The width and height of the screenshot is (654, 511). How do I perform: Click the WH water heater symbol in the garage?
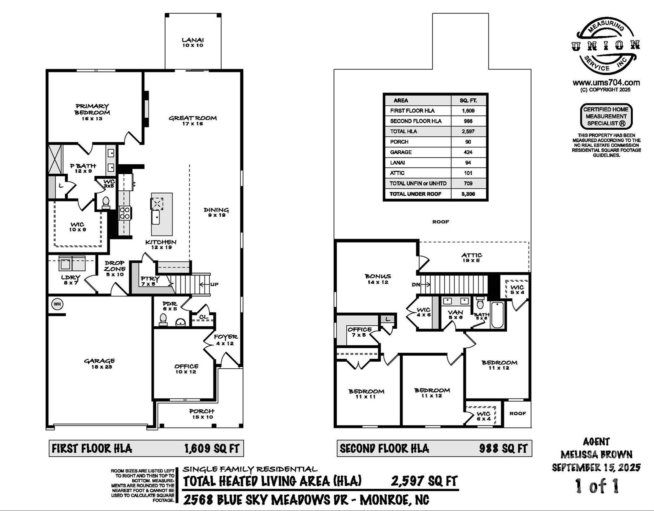click(57, 304)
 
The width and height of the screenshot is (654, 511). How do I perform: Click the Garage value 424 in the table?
click(468, 152)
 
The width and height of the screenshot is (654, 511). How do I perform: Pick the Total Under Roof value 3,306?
click(468, 194)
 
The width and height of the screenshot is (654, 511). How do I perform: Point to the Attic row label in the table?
click(397, 173)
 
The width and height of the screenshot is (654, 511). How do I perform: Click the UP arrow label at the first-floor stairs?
click(214, 284)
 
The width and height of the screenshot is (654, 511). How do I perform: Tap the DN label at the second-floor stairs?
click(416, 285)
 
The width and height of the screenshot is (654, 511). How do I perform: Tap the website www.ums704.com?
click(606, 83)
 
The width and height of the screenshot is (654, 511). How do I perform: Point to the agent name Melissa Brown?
click(596, 454)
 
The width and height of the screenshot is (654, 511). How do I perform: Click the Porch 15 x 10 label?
click(202, 414)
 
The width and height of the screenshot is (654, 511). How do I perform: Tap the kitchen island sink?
click(156, 218)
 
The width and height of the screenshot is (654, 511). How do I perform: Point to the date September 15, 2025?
click(596, 467)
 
